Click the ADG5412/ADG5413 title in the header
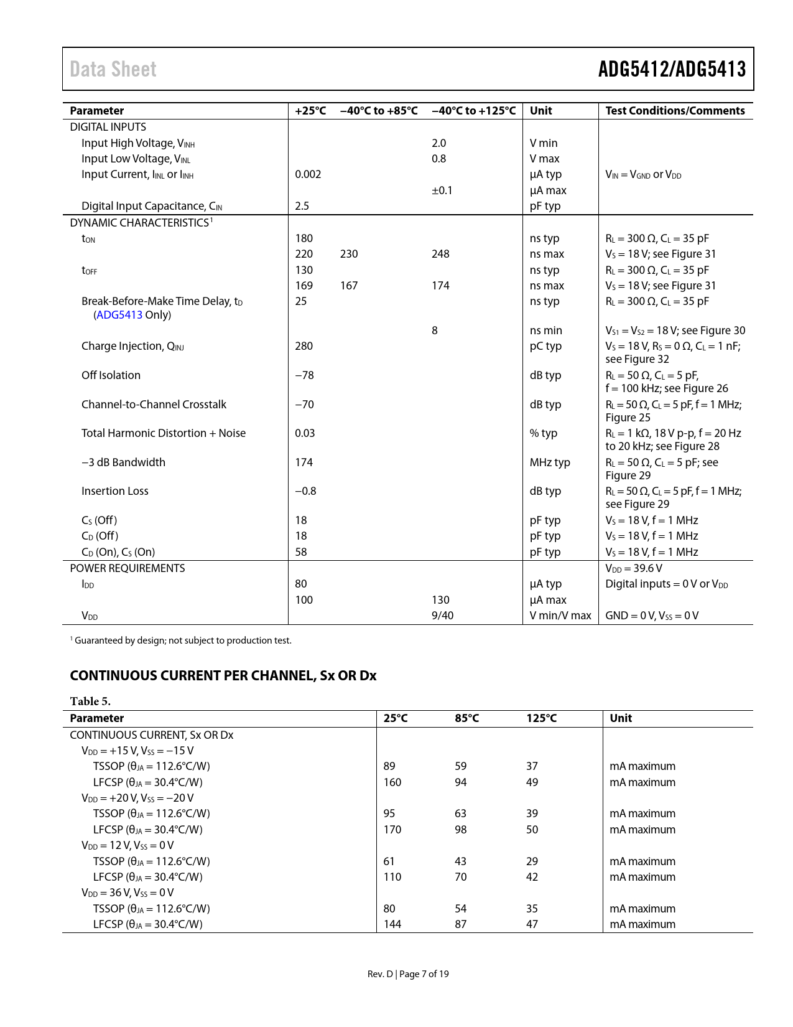click(x=672, y=69)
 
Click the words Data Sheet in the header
click(x=113, y=69)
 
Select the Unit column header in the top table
click(x=540, y=111)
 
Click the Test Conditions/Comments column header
click(x=675, y=111)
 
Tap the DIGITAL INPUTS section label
click(x=108, y=127)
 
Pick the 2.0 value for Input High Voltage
click(x=439, y=143)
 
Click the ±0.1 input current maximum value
click(x=442, y=190)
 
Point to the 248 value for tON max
click(x=440, y=254)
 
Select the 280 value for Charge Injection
click(x=304, y=346)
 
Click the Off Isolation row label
click(x=111, y=375)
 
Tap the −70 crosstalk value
click(x=304, y=405)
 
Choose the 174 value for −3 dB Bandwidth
click(x=304, y=462)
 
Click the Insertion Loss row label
click(x=115, y=491)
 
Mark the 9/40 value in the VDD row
click(x=442, y=616)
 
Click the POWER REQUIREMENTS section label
click(x=128, y=568)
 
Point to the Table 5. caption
click(x=90, y=701)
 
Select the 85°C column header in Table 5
click(x=467, y=718)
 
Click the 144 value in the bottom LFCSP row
click(x=392, y=924)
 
